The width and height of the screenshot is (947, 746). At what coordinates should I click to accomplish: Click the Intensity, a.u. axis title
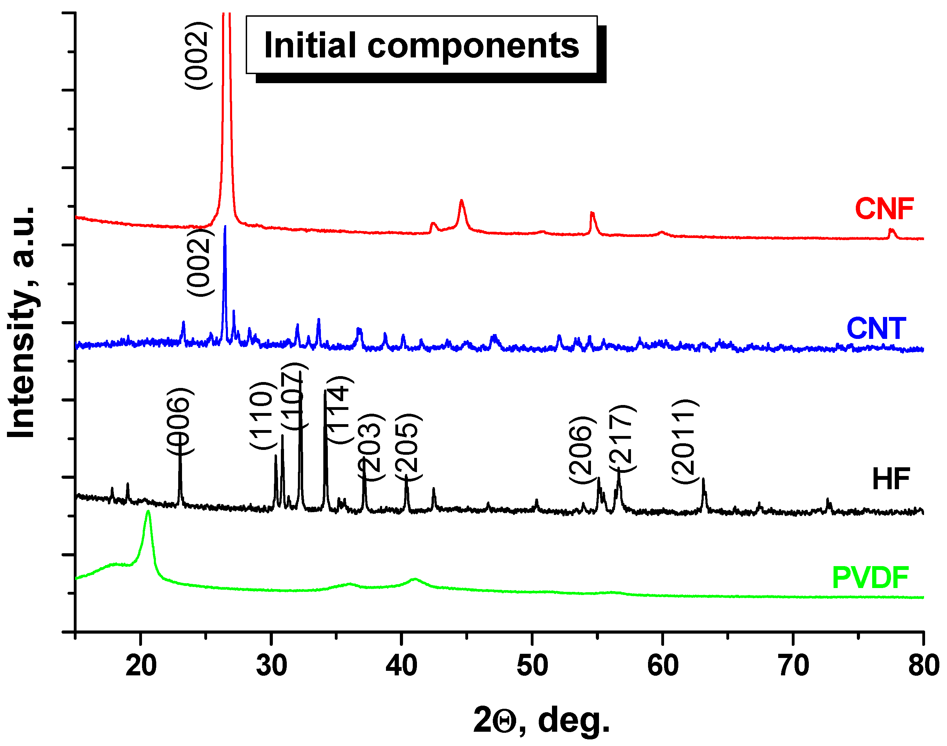(22, 322)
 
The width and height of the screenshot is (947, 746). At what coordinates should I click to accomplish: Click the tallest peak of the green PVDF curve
(148, 512)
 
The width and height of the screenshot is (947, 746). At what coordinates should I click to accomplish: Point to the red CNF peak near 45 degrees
(461, 201)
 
